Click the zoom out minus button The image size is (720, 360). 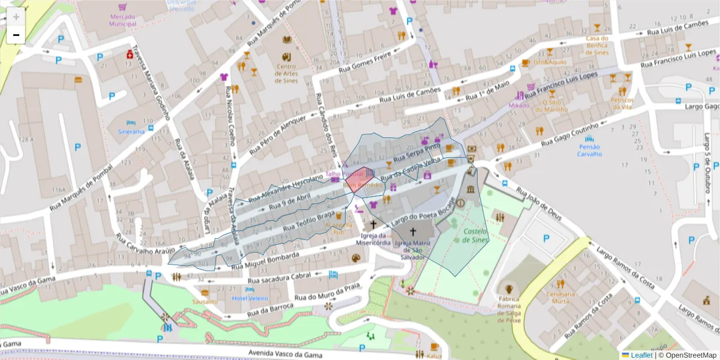[x=16, y=35]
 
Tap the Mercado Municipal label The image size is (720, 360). [x=122, y=20]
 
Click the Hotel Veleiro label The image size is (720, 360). [x=250, y=298]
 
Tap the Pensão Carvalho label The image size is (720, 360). [x=589, y=150]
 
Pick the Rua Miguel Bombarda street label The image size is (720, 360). [x=265, y=259]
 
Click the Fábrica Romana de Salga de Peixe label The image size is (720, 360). [x=509, y=309]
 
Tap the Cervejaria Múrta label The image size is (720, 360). [x=560, y=298]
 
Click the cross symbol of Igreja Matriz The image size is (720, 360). [x=412, y=231]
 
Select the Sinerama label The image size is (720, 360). [x=131, y=131]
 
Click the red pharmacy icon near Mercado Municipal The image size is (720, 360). [x=129, y=55]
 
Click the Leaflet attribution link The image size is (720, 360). [x=641, y=355]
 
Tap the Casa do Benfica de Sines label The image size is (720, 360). [x=597, y=45]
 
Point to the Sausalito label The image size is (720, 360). [x=205, y=301]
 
